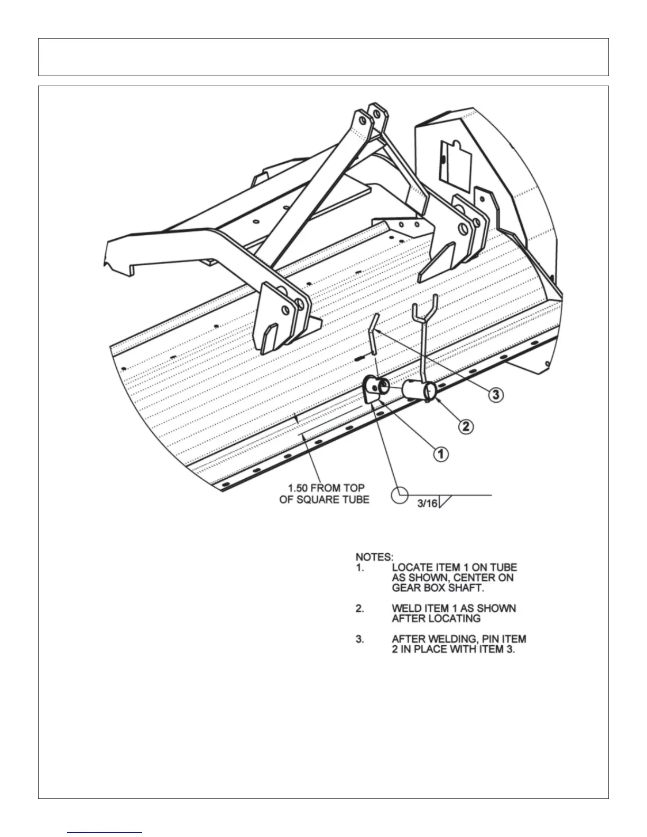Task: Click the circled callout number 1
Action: tap(441, 453)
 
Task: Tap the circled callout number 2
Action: tap(465, 426)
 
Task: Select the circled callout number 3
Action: tap(495, 395)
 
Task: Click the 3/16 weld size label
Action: tap(427, 504)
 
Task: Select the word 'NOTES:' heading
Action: tap(374, 557)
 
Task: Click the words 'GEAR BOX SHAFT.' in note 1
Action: tap(438, 588)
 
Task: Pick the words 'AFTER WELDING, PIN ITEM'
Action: tap(459, 639)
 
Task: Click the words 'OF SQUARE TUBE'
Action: tap(325, 499)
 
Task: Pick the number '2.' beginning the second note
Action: tap(359, 609)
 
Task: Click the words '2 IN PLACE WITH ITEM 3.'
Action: tap(453, 649)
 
